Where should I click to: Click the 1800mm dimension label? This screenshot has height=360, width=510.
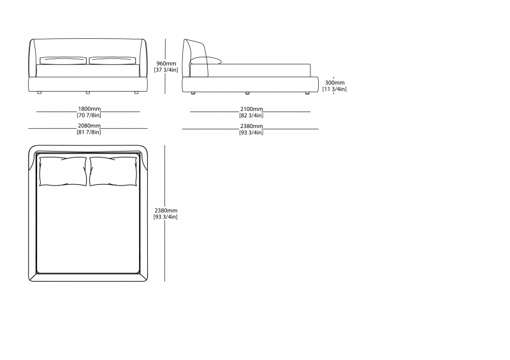89,109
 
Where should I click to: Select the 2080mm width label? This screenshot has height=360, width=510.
89,126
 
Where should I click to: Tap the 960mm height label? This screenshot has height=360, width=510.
166,64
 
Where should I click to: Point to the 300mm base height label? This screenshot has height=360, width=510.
335,83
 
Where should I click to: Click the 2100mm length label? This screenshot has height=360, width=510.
251,109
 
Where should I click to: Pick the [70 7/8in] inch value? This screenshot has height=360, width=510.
89,115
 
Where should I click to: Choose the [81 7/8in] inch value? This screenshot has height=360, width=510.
89,132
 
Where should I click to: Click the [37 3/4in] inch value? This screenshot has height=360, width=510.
166,70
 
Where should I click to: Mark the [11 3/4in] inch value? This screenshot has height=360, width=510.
335,89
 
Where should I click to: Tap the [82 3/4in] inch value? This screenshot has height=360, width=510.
251,115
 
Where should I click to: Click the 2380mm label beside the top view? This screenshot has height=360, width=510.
166,210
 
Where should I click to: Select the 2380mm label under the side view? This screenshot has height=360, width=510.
251,126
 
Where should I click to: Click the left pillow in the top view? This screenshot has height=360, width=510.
63,171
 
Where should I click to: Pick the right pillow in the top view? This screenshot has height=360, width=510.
113,171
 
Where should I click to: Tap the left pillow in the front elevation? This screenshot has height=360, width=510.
63,61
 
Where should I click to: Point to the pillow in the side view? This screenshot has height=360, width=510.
205,61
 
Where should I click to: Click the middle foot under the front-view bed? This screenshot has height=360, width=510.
88,92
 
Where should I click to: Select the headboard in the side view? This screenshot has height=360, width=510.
196,59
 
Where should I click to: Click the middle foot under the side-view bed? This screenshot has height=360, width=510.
247,93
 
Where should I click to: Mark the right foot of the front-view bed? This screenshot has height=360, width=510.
136,92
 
